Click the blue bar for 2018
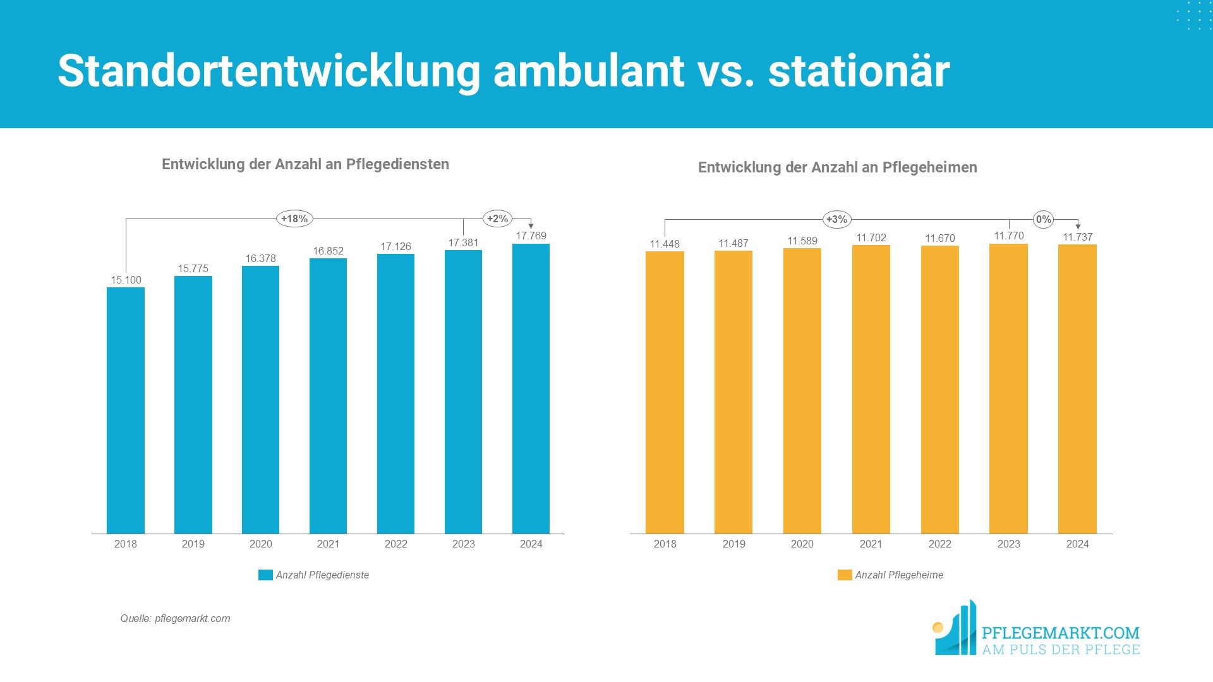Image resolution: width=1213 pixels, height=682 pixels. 126,410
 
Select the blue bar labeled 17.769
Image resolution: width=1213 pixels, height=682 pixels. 531,388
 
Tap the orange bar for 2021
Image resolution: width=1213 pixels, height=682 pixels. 871,389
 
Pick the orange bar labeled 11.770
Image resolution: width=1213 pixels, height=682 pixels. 1008,388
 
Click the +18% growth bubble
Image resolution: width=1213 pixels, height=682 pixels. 294,219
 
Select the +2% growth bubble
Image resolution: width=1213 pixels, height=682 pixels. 497,219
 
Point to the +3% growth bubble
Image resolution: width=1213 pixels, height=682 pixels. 837,220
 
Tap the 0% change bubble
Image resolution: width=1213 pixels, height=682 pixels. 1043,220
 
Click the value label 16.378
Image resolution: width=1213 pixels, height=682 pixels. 260,259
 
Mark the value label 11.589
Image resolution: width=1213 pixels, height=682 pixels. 802,241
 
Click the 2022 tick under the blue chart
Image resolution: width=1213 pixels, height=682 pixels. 395,544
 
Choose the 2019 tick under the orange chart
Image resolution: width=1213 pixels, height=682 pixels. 733,544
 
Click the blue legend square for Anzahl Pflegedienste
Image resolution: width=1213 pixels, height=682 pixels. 265,575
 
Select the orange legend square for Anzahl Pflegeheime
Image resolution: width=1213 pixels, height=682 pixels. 844,575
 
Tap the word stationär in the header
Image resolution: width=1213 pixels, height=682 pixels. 859,71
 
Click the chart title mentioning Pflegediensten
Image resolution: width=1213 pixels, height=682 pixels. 305,164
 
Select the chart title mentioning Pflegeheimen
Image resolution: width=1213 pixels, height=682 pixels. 837,167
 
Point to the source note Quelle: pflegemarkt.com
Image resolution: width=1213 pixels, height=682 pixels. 175,619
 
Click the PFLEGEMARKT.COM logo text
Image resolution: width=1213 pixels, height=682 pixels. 1060,633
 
